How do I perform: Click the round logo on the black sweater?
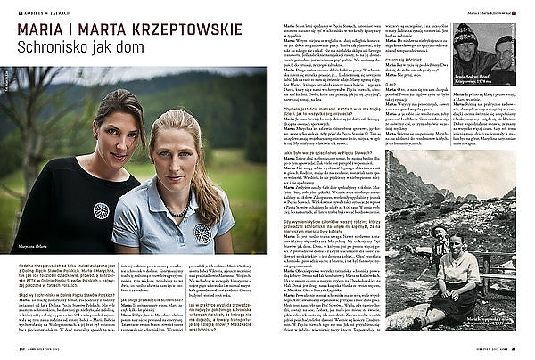pos(101,210)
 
